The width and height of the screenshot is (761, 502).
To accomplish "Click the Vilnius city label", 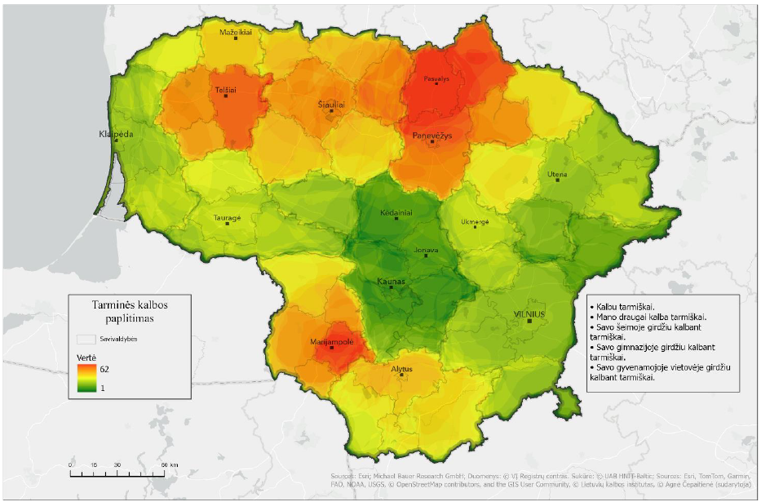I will pyautogui.click(x=529, y=313).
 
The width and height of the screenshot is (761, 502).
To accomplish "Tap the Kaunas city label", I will pyautogui.click(x=391, y=282).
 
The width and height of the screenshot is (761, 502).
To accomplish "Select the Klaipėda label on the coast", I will pyautogui.click(x=115, y=134).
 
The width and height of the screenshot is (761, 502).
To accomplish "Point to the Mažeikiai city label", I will pyautogui.click(x=236, y=33).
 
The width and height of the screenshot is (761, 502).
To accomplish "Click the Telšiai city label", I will pyautogui.click(x=226, y=90).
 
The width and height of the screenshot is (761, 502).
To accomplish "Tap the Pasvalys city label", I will pyautogui.click(x=436, y=79).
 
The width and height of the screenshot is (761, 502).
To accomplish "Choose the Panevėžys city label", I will pyautogui.click(x=431, y=134).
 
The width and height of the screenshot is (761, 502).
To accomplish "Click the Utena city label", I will pyautogui.click(x=557, y=174).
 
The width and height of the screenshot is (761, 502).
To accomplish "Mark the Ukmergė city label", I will pyautogui.click(x=476, y=221).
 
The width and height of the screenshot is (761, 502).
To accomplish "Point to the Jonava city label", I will pyautogui.click(x=426, y=251).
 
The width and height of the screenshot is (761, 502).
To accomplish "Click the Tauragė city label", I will pyautogui.click(x=227, y=218).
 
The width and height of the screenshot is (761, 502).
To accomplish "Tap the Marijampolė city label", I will pyautogui.click(x=331, y=342).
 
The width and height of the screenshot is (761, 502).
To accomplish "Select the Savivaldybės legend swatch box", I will pyautogui.click(x=86, y=338).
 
